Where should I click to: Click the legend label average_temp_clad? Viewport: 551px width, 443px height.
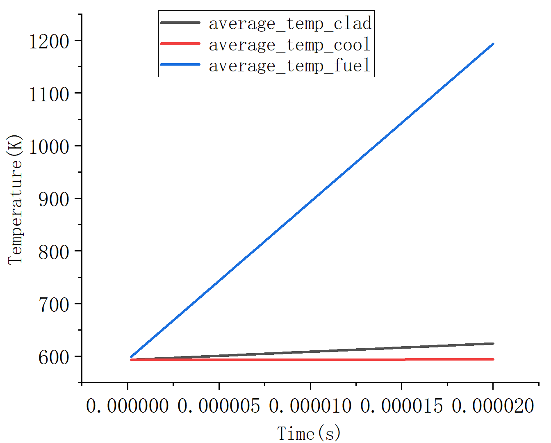(290, 23)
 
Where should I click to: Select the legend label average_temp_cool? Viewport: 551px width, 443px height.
(289, 45)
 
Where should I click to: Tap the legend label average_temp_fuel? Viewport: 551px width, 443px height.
(289, 66)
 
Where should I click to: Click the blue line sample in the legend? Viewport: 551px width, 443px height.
(180, 65)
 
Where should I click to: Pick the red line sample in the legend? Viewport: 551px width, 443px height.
(180, 43)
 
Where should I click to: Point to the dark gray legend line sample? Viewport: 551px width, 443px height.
(180, 23)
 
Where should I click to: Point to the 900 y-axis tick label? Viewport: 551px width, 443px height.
(54, 199)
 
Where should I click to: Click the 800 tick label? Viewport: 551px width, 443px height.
(54, 252)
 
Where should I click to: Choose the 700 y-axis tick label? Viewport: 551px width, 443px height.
(54, 304)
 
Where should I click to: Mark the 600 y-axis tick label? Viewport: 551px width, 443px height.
(54, 357)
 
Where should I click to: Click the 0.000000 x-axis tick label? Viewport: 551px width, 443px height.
(128, 406)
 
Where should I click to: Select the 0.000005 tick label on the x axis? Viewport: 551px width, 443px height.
(219, 406)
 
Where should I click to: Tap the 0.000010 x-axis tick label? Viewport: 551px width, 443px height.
(310, 406)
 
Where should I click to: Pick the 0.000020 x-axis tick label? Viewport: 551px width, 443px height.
(493, 406)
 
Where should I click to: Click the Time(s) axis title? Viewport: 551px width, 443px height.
(309, 433)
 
